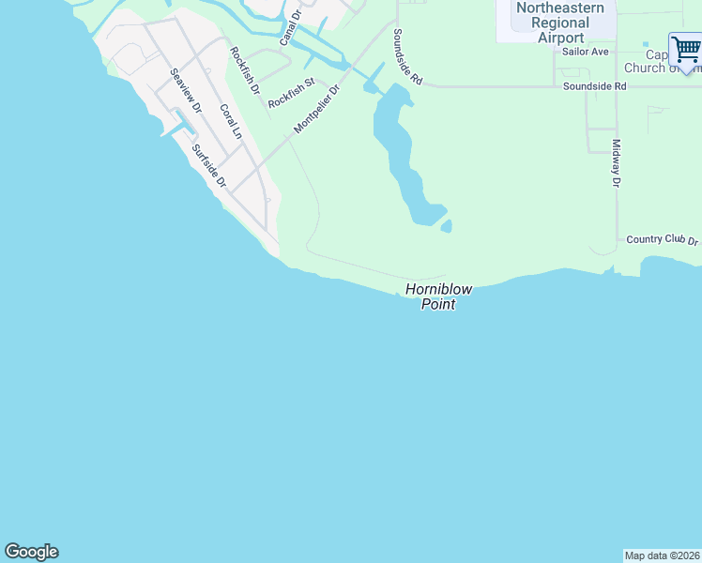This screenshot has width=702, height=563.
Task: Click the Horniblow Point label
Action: pos(438,297)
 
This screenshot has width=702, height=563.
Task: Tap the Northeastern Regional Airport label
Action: pos(560,23)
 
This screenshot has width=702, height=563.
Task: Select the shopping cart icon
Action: pos(686,51)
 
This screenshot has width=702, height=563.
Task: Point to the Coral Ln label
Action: pos(230,122)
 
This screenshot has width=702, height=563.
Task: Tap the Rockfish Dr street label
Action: pos(244,69)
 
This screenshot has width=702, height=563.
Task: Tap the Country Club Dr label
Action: pos(663,240)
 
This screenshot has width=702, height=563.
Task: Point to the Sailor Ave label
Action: pos(586,52)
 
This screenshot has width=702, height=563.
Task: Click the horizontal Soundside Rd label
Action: pos(594,86)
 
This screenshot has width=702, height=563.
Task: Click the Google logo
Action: pos(31,552)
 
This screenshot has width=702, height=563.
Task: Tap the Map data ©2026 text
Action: pos(662,555)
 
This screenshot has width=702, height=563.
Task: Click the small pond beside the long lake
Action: pos(446,226)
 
